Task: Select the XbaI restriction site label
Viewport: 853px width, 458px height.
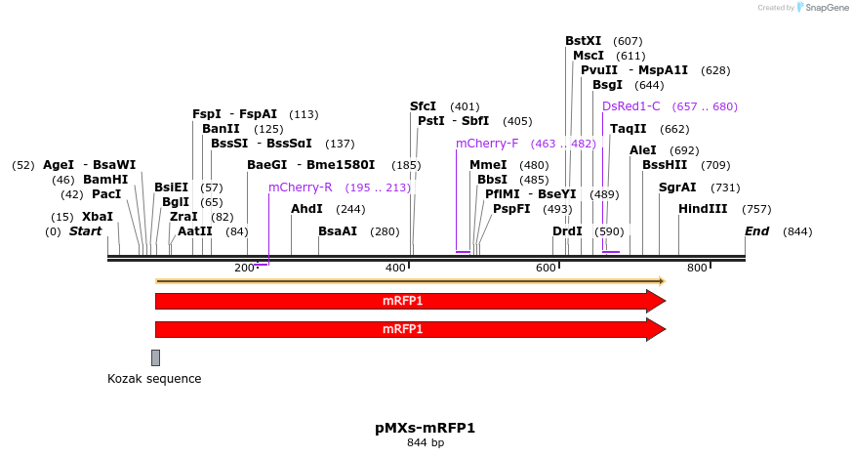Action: [x=97, y=217]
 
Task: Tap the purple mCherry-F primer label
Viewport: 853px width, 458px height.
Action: [x=487, y=144]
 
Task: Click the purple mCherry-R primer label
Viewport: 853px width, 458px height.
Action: [x=301, y=187]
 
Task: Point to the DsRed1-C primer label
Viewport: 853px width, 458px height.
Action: [x=631, y=106]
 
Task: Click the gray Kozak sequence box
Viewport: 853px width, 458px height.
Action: [x=155, y=357]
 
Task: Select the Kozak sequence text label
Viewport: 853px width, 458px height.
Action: [x=154, y=379]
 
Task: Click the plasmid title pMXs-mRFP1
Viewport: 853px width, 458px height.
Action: [x=426, y=428]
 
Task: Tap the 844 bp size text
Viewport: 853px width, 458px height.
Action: [x=426, y=443]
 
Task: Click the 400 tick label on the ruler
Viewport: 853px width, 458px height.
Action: [x=396, y=269]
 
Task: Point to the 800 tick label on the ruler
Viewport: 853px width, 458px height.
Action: [x=697, y=269]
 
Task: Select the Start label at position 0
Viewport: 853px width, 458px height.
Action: [x=85, y=231]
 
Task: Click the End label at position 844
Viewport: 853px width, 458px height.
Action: [x=756, y=231]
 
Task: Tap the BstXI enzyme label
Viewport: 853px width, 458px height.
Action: [x=584, y=41]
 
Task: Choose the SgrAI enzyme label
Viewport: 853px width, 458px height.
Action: [x=677, y=187]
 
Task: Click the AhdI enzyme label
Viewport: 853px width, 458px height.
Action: [x=306, y=209]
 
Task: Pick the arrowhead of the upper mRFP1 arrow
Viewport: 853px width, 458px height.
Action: [x=656, y=301]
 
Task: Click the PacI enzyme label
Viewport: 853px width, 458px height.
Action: [x=106, y=194]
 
